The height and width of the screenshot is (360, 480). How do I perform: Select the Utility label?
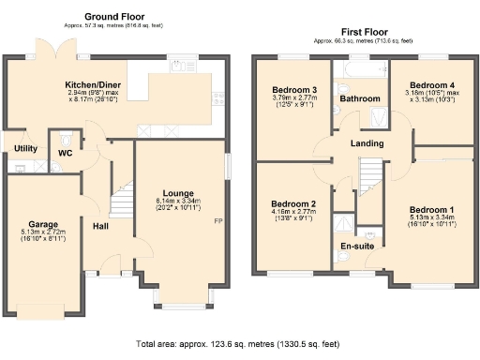coord(25,149)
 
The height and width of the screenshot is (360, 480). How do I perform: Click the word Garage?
coord(43,225)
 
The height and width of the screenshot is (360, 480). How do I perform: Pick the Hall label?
coord(101,226)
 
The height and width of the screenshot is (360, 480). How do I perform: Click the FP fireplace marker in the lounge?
coord(217,221)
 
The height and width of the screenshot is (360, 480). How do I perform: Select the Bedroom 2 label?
coord(292,203)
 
